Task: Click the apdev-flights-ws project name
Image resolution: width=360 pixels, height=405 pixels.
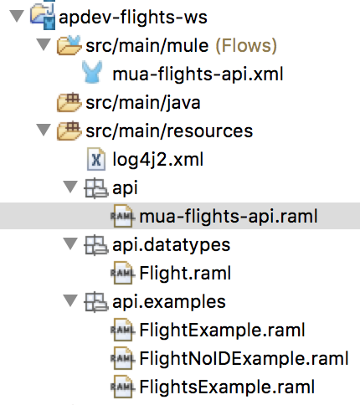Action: tap(133, 18)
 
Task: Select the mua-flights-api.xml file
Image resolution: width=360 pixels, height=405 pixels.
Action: tap(198, 74)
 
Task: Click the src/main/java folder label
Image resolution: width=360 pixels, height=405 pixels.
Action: tap(143, 103)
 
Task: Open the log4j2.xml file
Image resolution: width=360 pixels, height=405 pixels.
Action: tap(157, 160)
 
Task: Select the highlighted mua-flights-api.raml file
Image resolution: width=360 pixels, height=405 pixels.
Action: tap(229, 217)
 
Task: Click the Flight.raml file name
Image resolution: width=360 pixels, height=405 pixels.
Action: tap(185, 273)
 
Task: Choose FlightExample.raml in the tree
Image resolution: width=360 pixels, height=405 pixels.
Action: tap(222, 330)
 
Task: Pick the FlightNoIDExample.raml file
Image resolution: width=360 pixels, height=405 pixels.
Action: tap(244, 358)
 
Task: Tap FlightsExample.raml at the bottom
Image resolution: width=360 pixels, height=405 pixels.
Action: tap(227, 387)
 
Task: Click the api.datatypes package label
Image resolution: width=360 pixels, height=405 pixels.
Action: tap(171, 245)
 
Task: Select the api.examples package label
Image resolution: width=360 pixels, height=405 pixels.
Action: tap(169, 302)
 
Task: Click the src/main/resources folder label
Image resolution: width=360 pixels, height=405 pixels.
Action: tap(169, 131)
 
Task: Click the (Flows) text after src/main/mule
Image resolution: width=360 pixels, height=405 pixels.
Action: tap(246, 46)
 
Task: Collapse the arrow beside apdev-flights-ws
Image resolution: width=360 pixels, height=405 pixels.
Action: tap(17, 16)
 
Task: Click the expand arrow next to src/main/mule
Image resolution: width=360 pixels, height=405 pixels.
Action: tap(44, 44)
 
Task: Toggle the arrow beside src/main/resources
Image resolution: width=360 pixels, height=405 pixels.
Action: tap(44, 130)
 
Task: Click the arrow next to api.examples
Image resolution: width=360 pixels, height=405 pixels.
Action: tap(70, 300)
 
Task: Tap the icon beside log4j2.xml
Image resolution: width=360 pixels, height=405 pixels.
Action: tap(96, 159)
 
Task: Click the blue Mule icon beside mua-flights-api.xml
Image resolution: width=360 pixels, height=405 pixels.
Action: tap(92, 72)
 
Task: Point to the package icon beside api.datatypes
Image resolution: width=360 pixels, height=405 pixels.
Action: tap(95, 245)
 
